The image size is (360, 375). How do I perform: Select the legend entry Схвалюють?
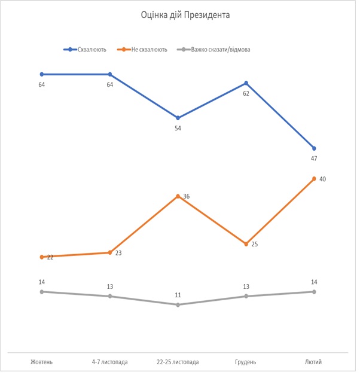91,50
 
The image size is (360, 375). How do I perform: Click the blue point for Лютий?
314,148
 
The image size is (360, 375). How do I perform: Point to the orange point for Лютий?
314,179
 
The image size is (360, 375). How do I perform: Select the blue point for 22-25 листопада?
178,118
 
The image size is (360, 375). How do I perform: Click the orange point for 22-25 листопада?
178,196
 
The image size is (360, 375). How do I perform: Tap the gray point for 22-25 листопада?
178,305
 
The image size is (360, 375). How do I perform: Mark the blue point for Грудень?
246,83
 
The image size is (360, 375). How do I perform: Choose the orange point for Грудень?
246,244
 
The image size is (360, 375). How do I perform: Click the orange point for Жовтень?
42,257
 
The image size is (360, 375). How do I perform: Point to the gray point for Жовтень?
42,292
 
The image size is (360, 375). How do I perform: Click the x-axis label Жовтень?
42,362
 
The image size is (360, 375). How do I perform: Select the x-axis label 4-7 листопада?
110,362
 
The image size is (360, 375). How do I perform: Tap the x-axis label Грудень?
246,362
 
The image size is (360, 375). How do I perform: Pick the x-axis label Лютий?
313,362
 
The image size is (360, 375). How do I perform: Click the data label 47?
314,158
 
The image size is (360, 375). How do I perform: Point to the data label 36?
186,196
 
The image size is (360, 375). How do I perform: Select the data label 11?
178,295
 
